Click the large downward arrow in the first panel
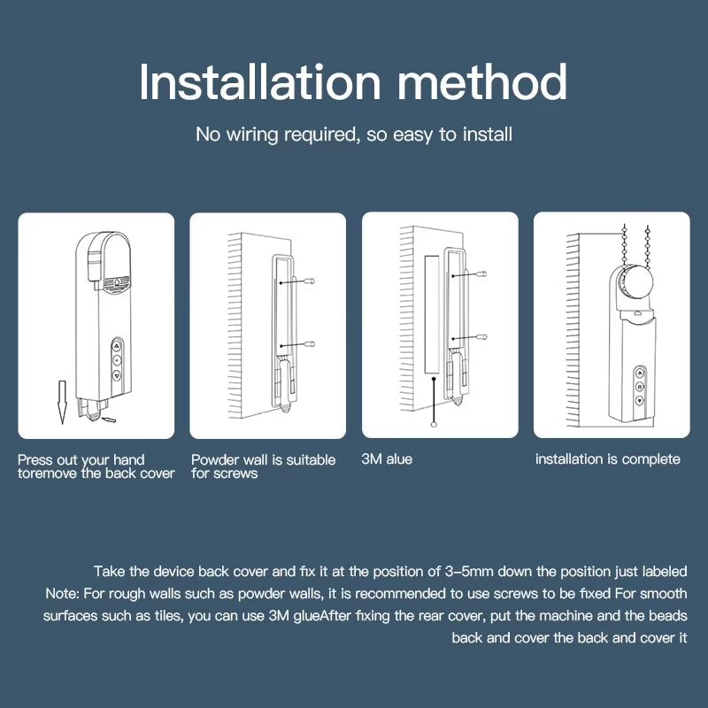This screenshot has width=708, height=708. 60,400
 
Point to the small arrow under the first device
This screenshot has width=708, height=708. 109,419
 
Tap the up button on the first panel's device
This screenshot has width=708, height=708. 117,346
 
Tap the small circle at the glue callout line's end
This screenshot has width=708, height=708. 433,426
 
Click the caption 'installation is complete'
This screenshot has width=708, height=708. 607,459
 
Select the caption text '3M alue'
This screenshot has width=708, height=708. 387,459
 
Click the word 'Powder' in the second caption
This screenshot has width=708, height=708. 217,459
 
